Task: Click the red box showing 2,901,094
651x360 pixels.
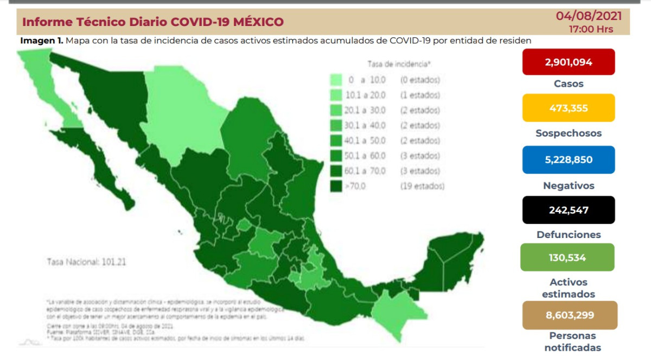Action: tap(568, 62)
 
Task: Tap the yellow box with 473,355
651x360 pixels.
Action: tap(568, 108)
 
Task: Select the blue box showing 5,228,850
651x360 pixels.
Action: tap(568, 159)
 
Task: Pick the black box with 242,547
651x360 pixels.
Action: tap(568, 210)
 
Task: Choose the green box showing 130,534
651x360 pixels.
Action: tap(567, 258)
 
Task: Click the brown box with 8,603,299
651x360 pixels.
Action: tap(570, 315)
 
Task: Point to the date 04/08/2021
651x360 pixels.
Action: tap(588, 16)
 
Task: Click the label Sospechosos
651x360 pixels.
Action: tap(569, 133)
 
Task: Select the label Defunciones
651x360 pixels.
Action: tap(569, 235)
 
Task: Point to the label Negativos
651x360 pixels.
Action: tap(569, 185)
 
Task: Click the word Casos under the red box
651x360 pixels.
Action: tap(569, 84)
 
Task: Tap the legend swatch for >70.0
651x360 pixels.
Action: tap(336, 187)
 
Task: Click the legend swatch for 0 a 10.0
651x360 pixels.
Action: tap(336, 80)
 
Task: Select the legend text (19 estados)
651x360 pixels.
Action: tap(422, 187)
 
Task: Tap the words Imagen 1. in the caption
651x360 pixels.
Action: tap(42, 41)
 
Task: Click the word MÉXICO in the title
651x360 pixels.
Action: tap(255, 22)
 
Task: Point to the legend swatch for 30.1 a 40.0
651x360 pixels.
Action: tap(336, 126)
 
